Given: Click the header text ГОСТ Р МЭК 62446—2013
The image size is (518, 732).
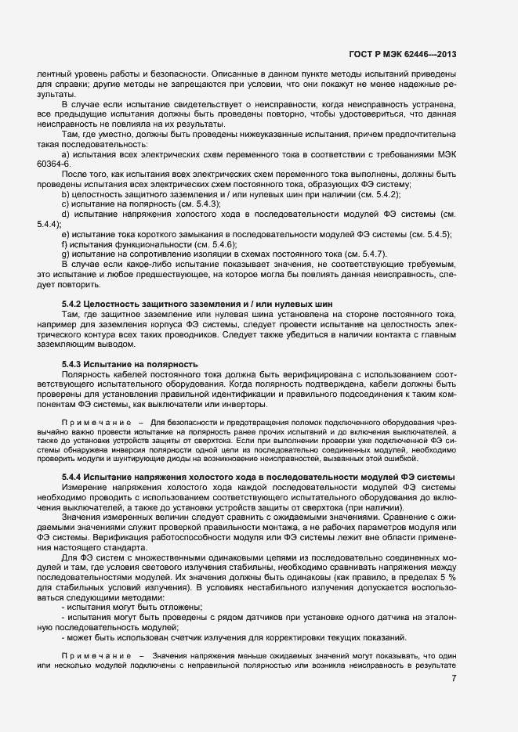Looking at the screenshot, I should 402,55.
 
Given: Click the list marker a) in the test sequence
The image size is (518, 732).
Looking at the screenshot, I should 65,154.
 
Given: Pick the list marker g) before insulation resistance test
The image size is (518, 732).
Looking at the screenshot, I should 65,254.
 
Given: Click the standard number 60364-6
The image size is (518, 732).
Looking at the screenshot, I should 53,164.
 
